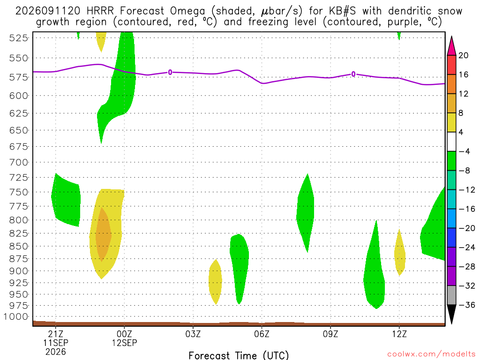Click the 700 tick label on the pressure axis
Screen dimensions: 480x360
19,162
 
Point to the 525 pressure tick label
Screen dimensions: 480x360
19,38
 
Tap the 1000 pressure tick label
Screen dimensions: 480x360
16,316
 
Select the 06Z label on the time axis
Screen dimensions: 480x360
262,334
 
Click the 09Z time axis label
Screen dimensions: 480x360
330,334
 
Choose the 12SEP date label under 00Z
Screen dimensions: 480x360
124,343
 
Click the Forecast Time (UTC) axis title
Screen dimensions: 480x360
239,355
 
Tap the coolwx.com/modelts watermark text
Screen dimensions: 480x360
431,354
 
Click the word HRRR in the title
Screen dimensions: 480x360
100,11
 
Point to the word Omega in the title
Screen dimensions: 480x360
187,12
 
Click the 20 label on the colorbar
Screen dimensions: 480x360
464,55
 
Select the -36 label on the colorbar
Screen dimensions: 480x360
466,305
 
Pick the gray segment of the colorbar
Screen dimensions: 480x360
451,295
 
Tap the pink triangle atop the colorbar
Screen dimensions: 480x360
451,46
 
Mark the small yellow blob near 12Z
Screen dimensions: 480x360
399,253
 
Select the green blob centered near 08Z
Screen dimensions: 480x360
306,213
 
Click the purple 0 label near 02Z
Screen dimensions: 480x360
170,73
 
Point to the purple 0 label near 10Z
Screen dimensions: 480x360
353,74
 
